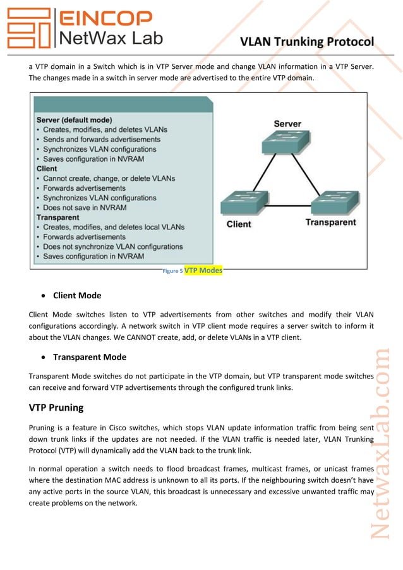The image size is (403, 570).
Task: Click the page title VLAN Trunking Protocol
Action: pyautogui.click(x=307, y=42)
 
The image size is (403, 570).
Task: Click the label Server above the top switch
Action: pyautogui.click(x=287, y=123)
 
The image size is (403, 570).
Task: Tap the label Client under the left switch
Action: pyautogui.click(x=239, y=224)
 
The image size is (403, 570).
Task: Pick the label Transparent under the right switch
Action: pyautogui.click(x=330, y=222)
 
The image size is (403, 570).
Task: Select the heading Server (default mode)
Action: pyautogui.click(x=75, y=119)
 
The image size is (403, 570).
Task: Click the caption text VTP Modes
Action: pyautogui.click(x=203, y=270)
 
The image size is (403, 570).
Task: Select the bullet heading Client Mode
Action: pyautogui.click(x=77, y=295)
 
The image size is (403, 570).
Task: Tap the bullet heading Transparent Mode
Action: pyautogui.click(x=90, y=357)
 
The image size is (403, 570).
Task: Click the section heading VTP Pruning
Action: pyautogui.click(x=61, y=407)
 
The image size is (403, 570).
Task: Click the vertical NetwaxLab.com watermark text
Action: pyautogui.click(x=381, y=442)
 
